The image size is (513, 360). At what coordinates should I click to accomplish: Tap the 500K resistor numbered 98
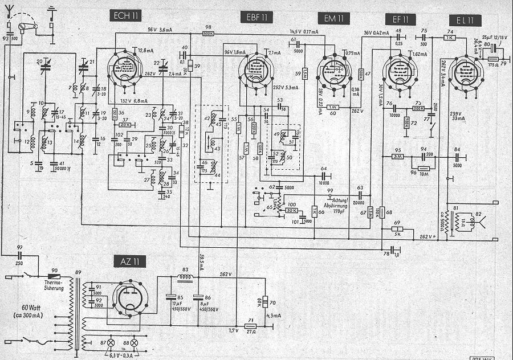click(209, 34)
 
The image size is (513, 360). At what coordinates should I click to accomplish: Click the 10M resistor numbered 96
click(423, 168)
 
